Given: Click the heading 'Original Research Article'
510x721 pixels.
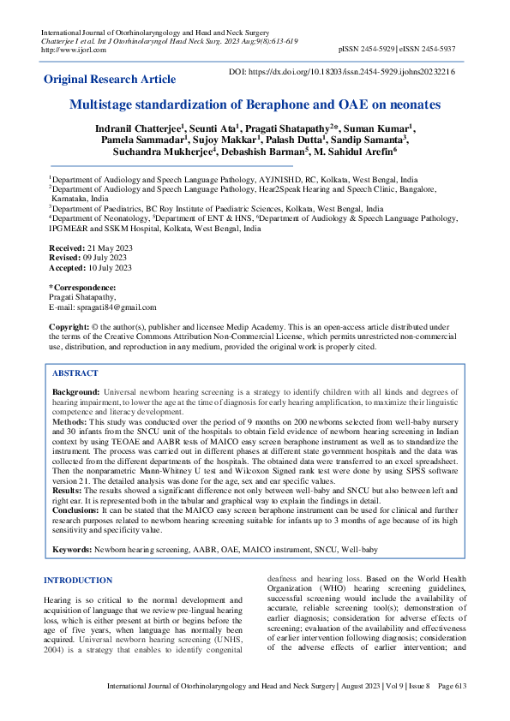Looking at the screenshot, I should click(110, 80).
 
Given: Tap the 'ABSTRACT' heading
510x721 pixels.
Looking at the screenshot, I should click(75, 374).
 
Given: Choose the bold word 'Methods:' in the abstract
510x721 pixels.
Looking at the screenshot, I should click(71, 422).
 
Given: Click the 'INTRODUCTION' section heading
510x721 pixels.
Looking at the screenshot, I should click(78, 581).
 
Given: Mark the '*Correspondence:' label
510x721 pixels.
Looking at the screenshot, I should click(82, 287).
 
